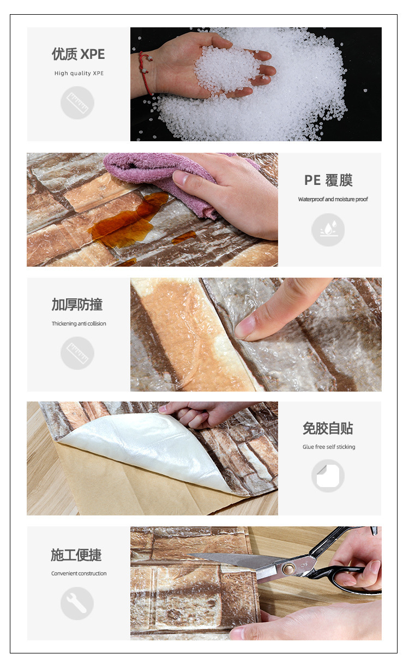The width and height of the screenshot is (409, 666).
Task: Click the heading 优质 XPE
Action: (78, 54)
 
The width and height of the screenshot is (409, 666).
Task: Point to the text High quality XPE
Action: (79, 73)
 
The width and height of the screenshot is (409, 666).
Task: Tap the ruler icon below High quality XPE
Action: (77, 103)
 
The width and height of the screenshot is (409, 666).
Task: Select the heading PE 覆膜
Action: (328, 180)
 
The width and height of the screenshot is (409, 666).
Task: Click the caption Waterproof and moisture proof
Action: (333, 199)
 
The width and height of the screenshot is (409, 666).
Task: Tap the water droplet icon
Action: (328, 230)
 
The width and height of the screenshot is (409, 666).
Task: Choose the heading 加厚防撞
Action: (77, 304)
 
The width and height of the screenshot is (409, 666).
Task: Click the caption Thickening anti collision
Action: (79, 323)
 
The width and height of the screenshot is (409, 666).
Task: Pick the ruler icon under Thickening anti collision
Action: (77, 353)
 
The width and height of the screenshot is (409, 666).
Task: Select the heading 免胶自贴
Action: (328, 428)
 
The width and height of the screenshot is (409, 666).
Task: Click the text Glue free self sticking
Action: (329, 447)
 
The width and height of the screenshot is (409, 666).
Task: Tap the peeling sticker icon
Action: (328, 476)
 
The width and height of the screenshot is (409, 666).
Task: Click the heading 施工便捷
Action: (76, 555)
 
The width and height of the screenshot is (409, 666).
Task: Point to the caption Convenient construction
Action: (79, 573)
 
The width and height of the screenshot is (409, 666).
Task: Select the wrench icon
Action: (77, 603)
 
